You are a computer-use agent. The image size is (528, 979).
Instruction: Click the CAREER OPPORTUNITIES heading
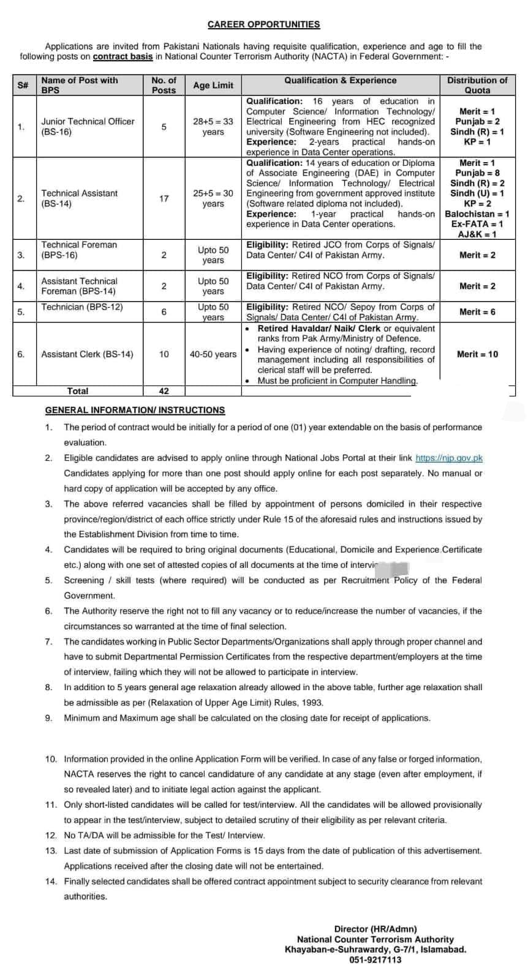click(x=263, y=24)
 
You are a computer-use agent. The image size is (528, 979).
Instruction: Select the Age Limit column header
click(x=213, y=86)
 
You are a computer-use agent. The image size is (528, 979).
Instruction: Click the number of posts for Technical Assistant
click(x=164, y=198)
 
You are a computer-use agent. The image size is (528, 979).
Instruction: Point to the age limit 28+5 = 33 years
click(x=213, y=127)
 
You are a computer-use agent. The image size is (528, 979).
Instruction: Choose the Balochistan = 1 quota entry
click(x=477, y=214)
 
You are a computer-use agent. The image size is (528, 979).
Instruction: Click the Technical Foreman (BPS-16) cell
click(x=79, y=250)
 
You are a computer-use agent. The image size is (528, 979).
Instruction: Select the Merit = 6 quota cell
click(x=477, y=312)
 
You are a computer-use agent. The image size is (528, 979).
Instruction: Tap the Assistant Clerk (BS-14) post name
click(x=87, y=354)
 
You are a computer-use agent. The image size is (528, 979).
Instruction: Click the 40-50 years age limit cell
click(x=213, y=354)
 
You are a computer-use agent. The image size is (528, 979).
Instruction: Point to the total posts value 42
click(x=164, y=391)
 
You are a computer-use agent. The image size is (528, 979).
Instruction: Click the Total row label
click(x=78, y=391)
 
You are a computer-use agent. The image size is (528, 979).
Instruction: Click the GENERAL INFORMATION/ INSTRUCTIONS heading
click(x=135, y=410)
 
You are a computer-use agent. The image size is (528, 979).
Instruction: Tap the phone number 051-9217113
click(x=375, y=960)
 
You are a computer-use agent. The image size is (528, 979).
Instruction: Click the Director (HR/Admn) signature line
click(x=375, y=929)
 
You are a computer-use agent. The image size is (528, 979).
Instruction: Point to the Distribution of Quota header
click(x=477, y=85)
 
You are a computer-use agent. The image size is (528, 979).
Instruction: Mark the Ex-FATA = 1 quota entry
click(x=477, y=225)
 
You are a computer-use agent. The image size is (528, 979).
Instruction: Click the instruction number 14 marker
click(x=51, y=882)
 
